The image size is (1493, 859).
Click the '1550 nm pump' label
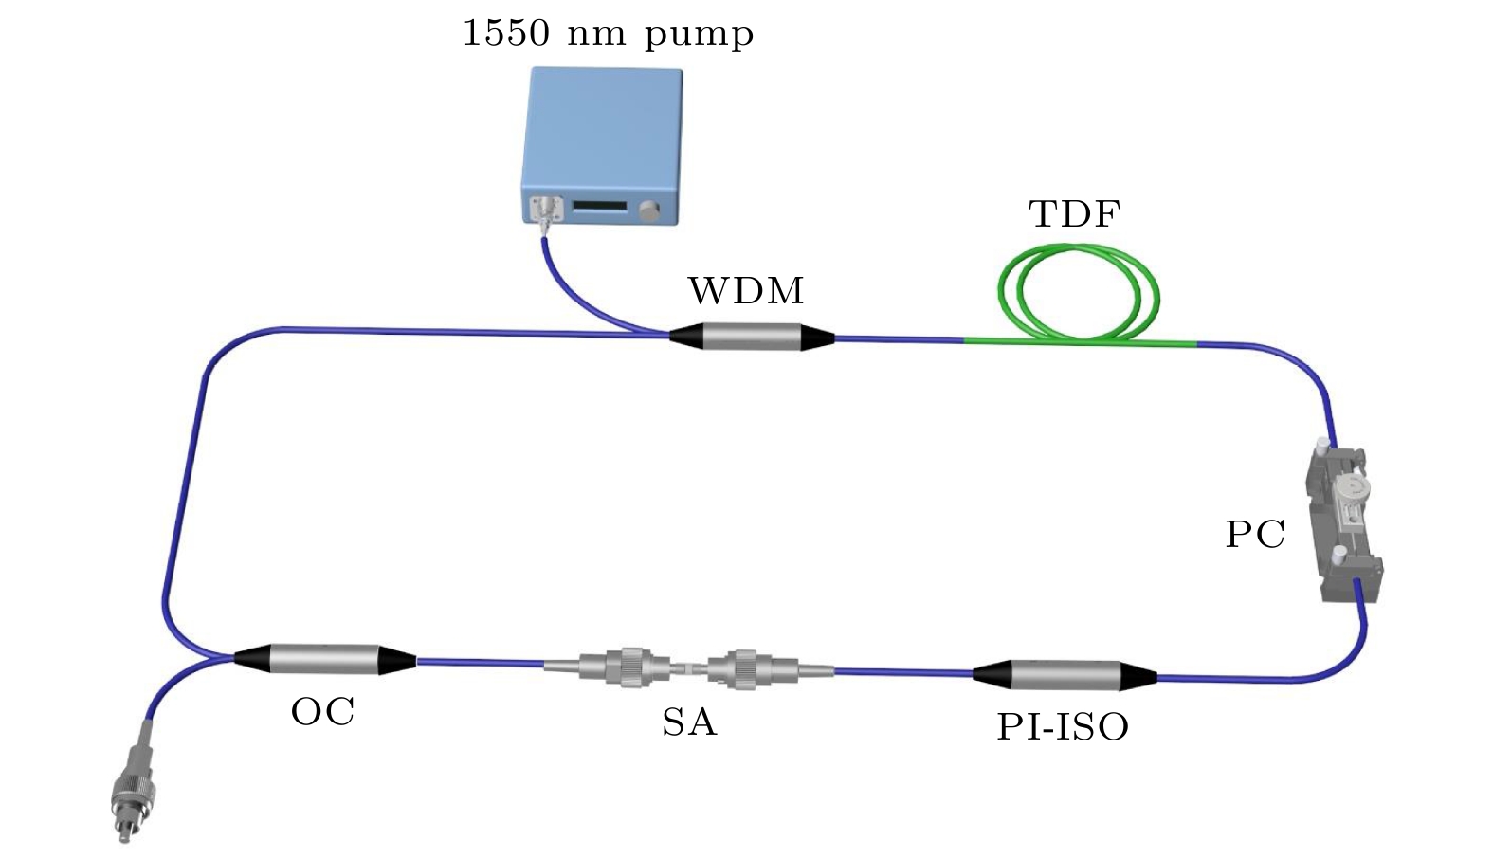(608, 34)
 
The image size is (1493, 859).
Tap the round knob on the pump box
(649, 211)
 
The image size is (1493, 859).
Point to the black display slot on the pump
(600, 207)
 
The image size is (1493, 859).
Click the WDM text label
(746, 291)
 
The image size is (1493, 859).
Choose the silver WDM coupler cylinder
(752, 337)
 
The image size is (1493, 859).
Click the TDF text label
(1074, 214)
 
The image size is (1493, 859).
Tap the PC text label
(1255, 536)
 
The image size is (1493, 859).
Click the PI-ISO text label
(1063, 727)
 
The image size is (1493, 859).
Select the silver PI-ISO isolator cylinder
(1065, 675)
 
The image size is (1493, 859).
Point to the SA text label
(689, 722)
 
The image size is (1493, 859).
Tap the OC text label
(323, 711)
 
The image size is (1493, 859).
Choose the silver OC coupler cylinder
(324, 659)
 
